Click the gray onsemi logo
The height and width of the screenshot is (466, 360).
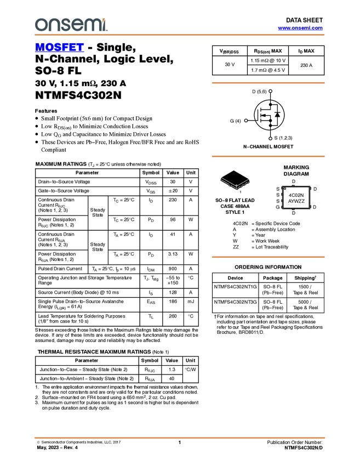point(70,25)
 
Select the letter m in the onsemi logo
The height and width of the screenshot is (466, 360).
point(93,25)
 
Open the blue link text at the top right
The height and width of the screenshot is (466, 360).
point(300,28)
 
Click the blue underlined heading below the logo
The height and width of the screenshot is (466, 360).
point(59,48)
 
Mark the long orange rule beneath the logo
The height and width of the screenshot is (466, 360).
point(180,35)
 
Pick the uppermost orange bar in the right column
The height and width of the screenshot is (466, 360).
point(268,83)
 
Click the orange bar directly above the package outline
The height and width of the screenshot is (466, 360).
point(268,156)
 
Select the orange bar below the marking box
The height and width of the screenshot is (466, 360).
point(268,257)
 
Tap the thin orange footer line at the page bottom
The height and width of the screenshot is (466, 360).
point(180,437)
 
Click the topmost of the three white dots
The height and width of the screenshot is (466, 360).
point(270,91)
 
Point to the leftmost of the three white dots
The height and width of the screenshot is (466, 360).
point(246,121)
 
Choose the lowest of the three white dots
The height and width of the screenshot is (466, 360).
point(270,139)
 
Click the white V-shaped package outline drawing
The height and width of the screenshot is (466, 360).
point(235,183)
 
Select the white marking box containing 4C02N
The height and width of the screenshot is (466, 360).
point(296,197)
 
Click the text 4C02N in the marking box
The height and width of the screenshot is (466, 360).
point(296,195)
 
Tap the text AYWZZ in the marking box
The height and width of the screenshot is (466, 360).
point(296,201)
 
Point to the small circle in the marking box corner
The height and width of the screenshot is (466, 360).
point(285,189)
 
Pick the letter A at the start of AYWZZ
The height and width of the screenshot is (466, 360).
point(290,201)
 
